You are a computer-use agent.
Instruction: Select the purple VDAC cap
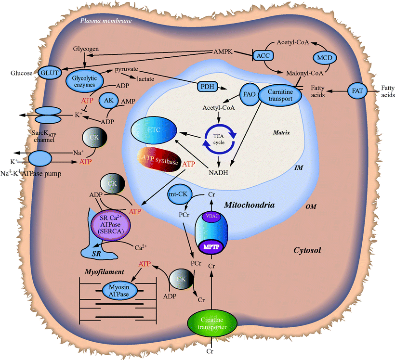210,217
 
